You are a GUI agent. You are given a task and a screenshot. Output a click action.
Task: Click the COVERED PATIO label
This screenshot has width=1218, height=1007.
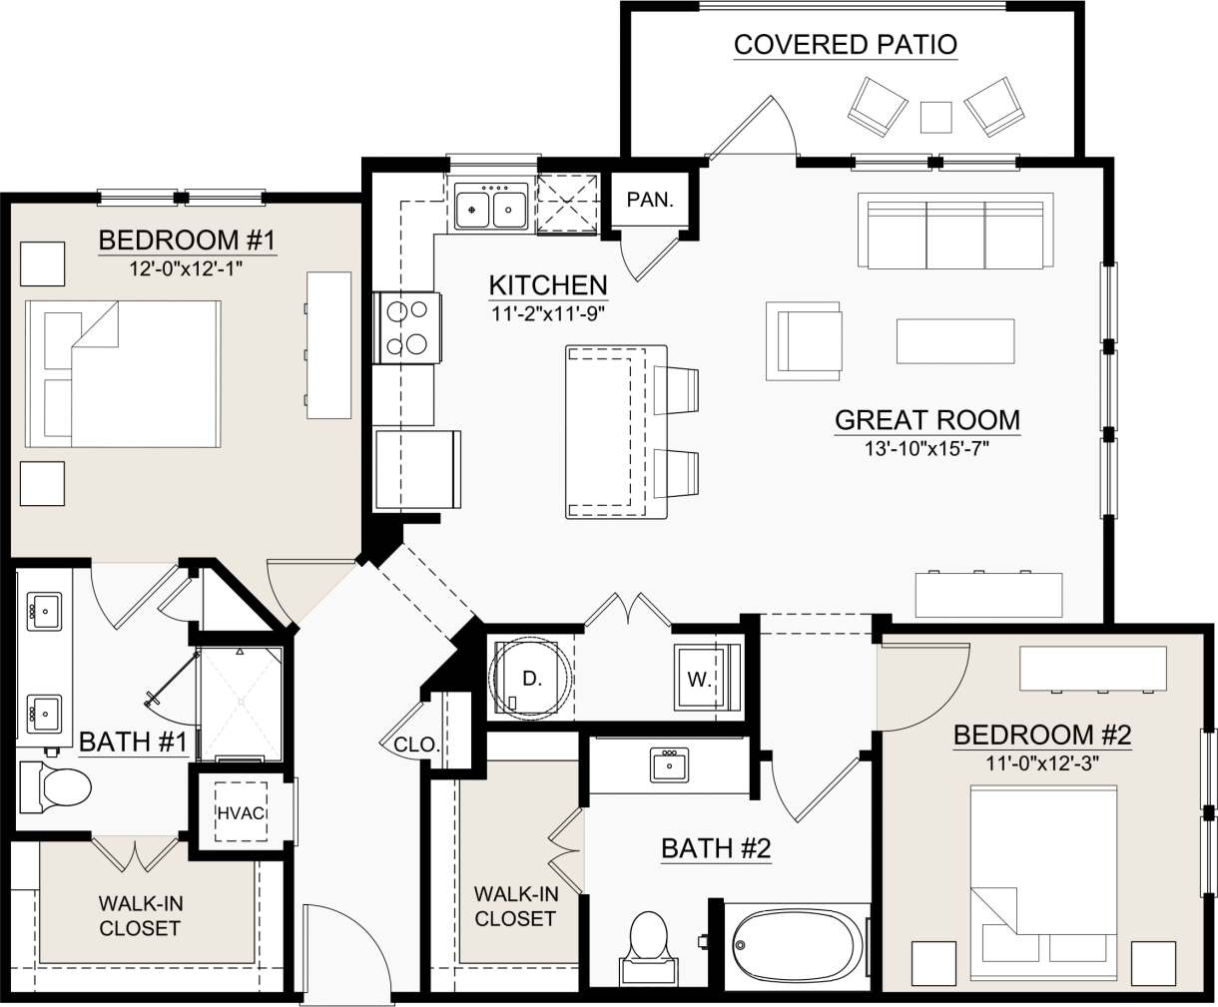click(x=845, y=45)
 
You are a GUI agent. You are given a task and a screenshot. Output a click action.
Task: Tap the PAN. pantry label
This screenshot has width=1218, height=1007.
click(x=650, y=200)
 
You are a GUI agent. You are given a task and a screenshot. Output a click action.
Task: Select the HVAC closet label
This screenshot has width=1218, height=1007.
click(x=241, y=812)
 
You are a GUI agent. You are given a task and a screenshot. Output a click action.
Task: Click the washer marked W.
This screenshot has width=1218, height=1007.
click(x=701, y=680)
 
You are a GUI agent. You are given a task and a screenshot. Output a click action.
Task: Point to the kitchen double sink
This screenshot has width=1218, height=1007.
click(x=491, y=208)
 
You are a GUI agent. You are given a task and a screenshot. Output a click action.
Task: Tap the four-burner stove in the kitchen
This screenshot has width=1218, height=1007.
click(x=408, y=327)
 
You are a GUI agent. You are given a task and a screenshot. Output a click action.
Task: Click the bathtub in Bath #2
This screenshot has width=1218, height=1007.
click(x=796, y=945)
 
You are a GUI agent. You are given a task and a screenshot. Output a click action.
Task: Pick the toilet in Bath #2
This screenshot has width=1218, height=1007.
click(x=648, y=943)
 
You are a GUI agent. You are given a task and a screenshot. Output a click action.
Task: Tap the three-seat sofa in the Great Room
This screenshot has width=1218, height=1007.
click(x=955, y=232)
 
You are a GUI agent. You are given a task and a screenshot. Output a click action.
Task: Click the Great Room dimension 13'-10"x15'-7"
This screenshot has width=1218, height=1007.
click(x=927, y=449)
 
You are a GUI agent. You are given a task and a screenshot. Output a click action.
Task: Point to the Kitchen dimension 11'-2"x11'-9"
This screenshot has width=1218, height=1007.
click(x=548, y=312)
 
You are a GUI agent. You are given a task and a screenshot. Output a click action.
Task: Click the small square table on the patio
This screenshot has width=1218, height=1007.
click(x=935, y=117)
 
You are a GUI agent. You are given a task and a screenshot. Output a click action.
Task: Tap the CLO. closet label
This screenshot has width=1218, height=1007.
click(x=415, y=745)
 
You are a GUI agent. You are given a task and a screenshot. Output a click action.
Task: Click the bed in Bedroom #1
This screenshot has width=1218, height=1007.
click(x=122, y=373)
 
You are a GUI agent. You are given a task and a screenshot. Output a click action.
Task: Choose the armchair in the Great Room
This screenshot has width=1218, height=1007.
click(x=804, y=340)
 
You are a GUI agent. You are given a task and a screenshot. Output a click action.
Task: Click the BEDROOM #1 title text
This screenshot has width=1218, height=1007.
click(x=186, y=241)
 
